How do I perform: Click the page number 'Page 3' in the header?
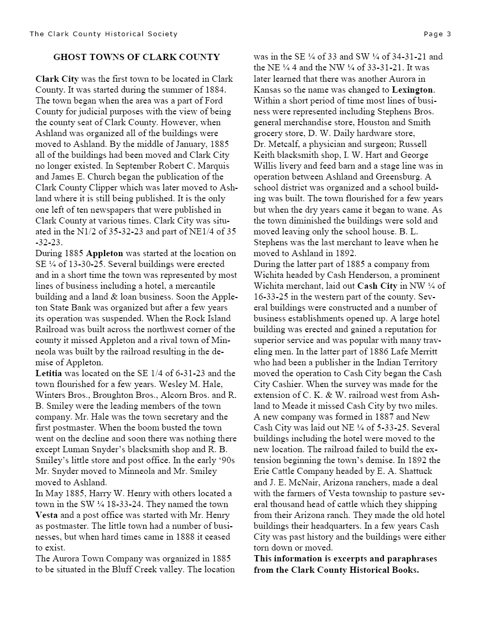pos(437,34)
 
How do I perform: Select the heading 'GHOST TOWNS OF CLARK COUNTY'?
pos(137,57)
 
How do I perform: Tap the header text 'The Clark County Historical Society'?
pos(103,34)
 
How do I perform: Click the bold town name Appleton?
pos(104,254)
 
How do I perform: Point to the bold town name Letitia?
pos(49,373)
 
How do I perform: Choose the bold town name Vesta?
pos(47,515)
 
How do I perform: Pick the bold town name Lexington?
pos(413,90)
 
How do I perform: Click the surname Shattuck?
pos(413,471)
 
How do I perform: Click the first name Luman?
pos(89,449)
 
